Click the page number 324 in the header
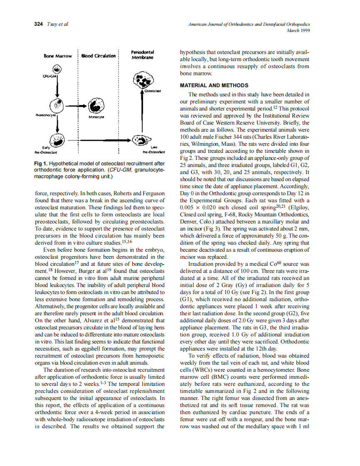point(38,24)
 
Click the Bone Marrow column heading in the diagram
point(57,56)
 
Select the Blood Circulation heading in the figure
point(98,56)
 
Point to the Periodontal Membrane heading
point(142,55)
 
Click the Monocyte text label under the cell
point(96,117)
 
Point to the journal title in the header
point(249,25)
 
